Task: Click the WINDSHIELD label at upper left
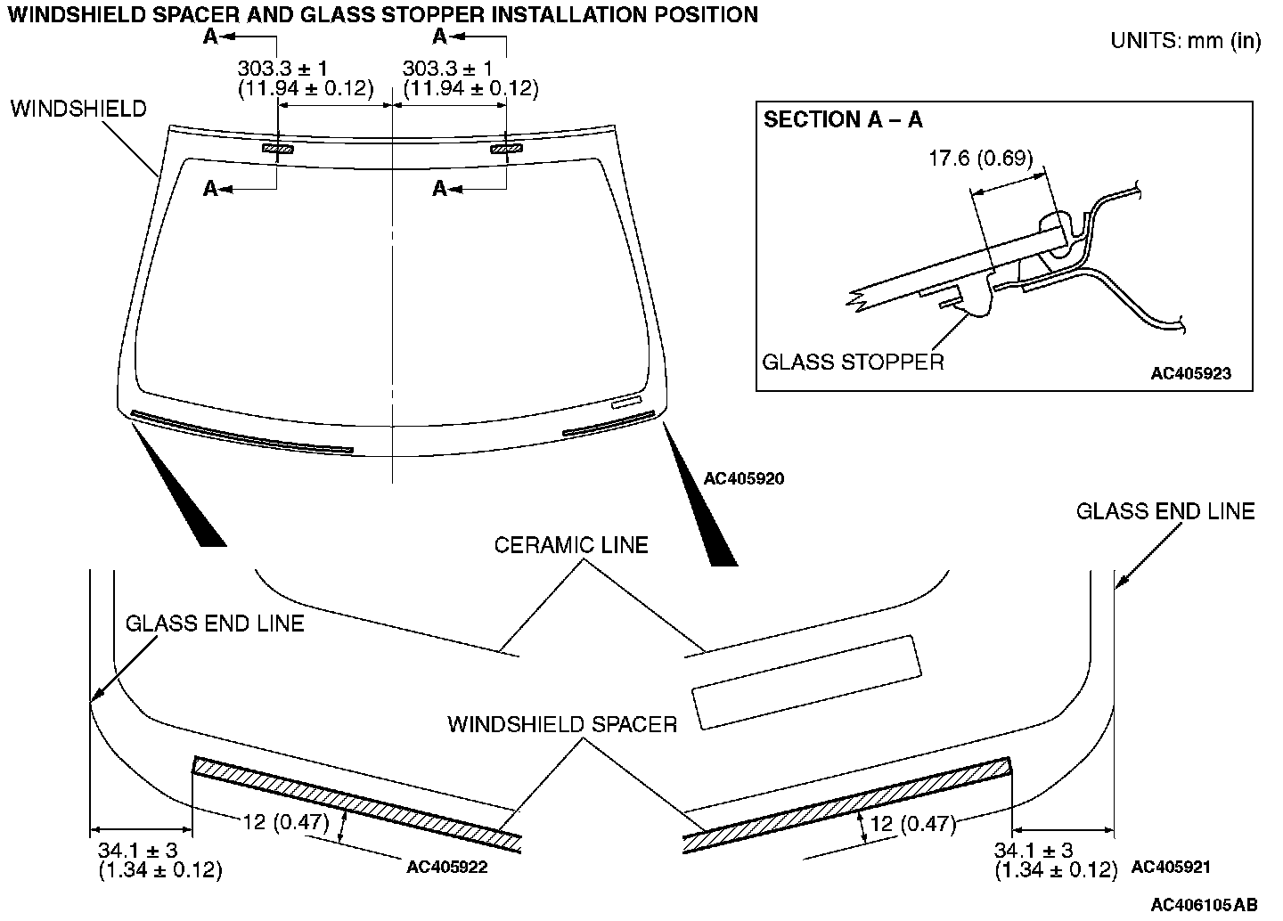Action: click(x=79, y=109)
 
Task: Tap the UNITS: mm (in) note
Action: click(x=1185, y=41)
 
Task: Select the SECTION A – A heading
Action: click(x=843, y=120)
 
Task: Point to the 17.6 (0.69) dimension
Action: click(x=980, y=159)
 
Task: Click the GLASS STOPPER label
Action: click(x=853, y=362)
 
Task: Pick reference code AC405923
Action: click(x=1190, y=373)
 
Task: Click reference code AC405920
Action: click(x=744, y=478)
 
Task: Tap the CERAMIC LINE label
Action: click(x=571, y=544)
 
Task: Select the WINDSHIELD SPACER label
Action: click(x=562, y=724)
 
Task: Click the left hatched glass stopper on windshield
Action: click(x=277, y=149)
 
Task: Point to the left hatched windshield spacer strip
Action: click(x=356, y=799)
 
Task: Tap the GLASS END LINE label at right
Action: click(x=1165, y=511)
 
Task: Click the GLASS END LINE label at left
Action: click(x=215, y=623)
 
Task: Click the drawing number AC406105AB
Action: click(x=1205, y=905)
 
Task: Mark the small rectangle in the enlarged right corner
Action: click(x=806, y=682)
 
